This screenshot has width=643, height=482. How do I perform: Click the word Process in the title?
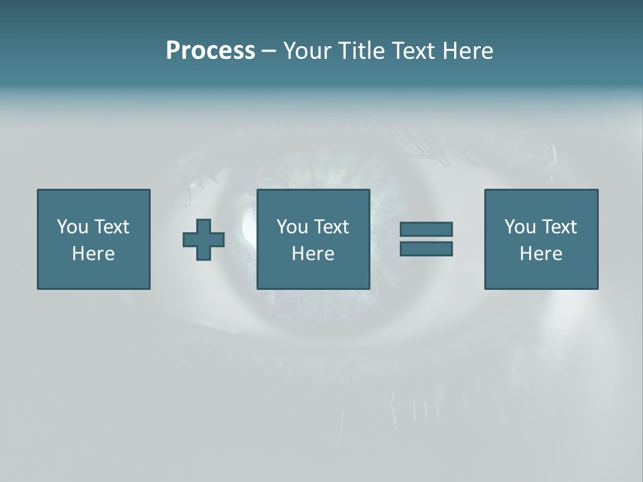tap(210, 51)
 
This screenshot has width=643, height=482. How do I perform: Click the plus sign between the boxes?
tap(204, 240)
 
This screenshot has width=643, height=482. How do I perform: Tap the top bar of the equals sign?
tap(426, 229)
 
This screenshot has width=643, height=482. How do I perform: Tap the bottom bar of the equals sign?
tap(426, 248)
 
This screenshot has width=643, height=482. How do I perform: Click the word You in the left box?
tap(72, 227)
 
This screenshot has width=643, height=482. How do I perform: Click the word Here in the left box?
tap(94, 254)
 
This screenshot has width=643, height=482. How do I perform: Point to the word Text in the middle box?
tap(332, 227)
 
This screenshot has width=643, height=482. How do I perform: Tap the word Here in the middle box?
tap(313, 254)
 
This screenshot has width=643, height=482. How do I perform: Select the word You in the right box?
tap(520, 227)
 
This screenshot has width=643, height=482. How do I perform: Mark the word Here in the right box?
tap(541, 254)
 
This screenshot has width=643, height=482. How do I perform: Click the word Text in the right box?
tap(560, 227)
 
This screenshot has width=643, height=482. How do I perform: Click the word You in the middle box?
tap(292, 227)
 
